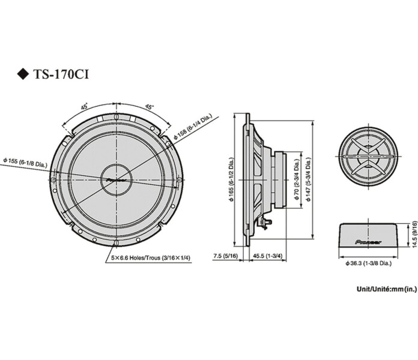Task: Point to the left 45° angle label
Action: point(85,106)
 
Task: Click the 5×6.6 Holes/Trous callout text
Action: point(142,258)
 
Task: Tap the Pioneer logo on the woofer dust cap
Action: point(117,178)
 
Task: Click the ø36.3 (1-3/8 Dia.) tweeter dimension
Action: point(369,263)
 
